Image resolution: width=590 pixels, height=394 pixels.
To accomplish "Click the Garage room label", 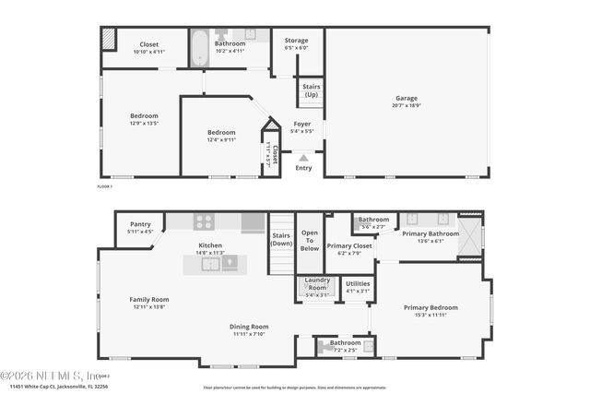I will click(407, 101).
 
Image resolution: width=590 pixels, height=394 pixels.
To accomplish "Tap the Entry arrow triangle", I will click(303, 159).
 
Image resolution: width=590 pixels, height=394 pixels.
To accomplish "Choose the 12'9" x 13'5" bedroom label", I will click(144, 119).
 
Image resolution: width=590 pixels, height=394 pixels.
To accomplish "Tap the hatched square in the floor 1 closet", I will click(108, 39).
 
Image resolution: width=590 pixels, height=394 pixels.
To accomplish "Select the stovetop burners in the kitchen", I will click(203, 221).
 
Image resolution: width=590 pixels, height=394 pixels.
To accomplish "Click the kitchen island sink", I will click(210, 264).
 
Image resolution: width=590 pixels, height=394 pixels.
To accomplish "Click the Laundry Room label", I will click(316, 283).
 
